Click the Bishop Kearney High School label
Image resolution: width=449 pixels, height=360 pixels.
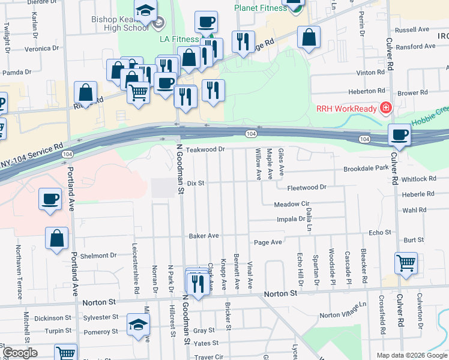point(120,24)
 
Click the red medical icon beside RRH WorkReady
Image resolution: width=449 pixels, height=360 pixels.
point(385,109)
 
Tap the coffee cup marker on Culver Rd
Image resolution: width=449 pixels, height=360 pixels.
point(399,136)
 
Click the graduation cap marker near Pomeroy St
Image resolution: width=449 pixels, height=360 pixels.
point(137,325)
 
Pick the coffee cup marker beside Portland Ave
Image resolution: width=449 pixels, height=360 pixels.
point(50,199)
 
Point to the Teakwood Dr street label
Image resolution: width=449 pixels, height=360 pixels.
point(205,149)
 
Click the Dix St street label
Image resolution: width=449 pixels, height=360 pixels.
point(196,182)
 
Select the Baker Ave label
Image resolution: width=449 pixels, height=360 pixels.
point(204,236)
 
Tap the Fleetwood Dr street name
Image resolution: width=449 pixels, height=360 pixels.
point(307,187)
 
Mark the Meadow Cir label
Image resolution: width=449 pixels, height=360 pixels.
point(291,205)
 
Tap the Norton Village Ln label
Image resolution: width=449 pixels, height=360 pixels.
point(343,311)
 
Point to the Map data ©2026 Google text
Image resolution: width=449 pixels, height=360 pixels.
point(411,355)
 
